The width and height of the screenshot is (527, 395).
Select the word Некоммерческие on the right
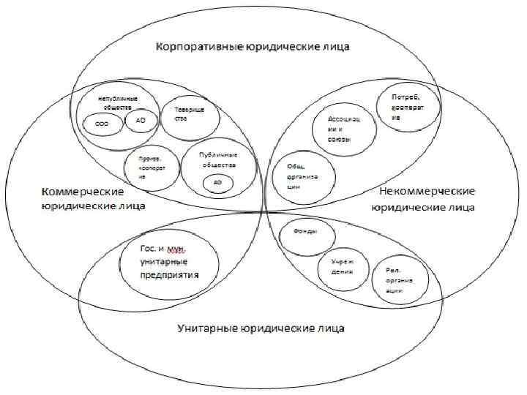click(x=427, y=191)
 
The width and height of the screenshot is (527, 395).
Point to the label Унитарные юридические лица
click(x=261, y=327)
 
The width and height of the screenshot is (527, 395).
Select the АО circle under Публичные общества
click(x=217, y=181)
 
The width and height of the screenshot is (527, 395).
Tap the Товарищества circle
click(x=185, y=116)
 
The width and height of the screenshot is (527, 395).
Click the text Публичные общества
click(x=217, y=159)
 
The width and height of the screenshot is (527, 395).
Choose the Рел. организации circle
click(x=397, y=280)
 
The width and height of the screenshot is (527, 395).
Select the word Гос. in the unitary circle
click(x=149, y=249)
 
